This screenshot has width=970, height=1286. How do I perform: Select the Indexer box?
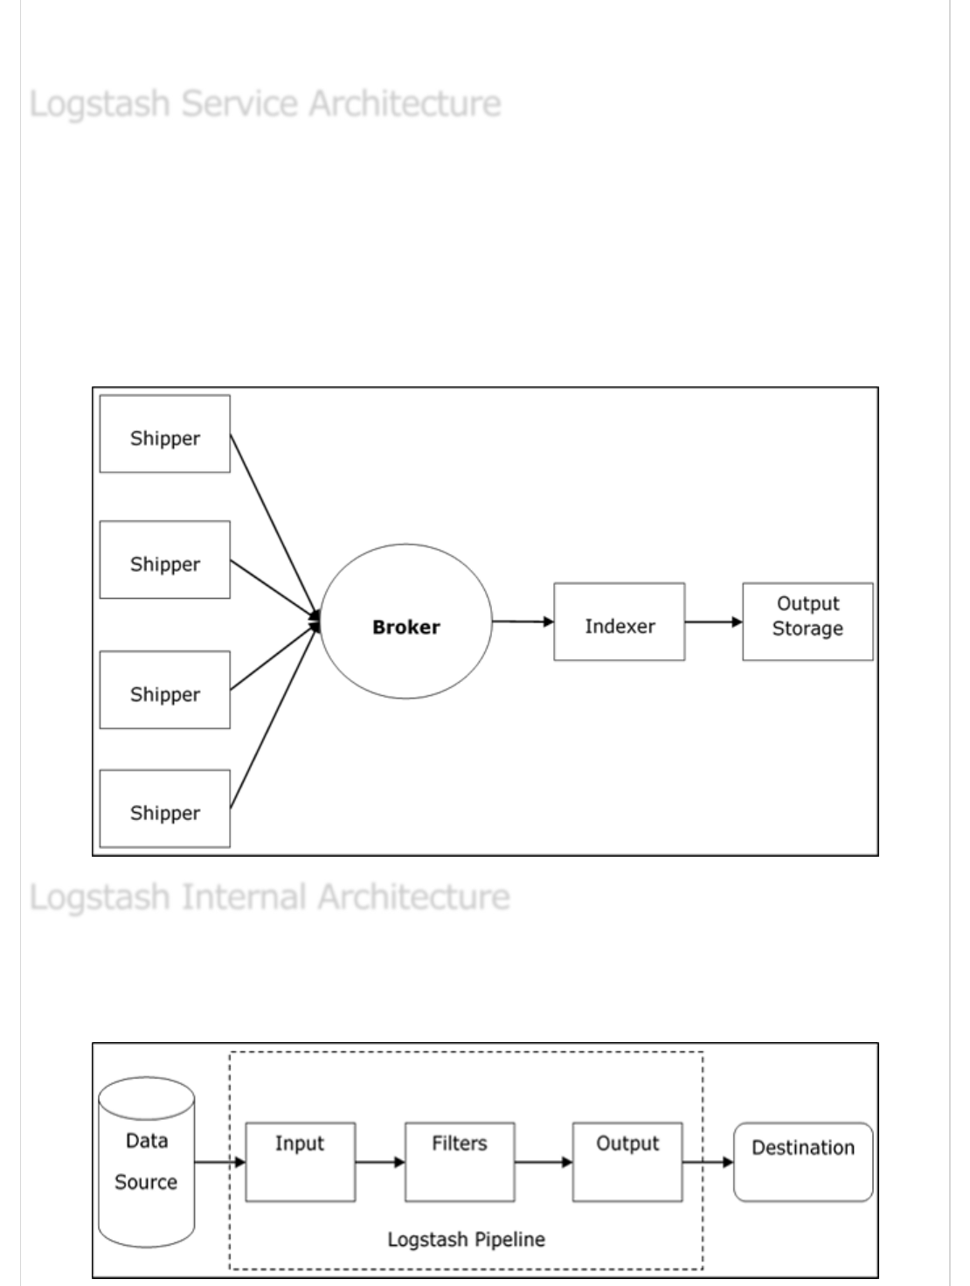[619, 622]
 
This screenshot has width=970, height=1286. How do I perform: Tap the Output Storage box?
[807, 622]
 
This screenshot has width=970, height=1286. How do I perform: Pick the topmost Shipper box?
[164, 434]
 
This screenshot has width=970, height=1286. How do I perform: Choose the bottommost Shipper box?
[164, 809]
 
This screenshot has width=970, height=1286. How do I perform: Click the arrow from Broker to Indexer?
[523, 622]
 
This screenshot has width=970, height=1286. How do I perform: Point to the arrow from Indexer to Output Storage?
[713, 622]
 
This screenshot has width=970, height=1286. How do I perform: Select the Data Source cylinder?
[146, 1163]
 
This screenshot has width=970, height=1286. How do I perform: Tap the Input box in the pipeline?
[300, 1162]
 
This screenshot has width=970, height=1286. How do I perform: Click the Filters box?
[460, 1162]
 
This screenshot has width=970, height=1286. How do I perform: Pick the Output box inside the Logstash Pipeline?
[627, 1162]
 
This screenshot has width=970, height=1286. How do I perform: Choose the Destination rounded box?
[803, 1162]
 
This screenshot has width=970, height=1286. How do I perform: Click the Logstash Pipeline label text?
[466, 1240]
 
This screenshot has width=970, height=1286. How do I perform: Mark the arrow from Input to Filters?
[380, 1162]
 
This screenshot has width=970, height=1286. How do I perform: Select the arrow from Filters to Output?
[544, 1162]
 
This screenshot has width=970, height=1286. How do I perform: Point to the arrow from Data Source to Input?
[219, 1162]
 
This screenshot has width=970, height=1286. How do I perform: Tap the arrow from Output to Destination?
[707, 1162]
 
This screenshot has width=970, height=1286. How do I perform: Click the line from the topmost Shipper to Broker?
[273, 525]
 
